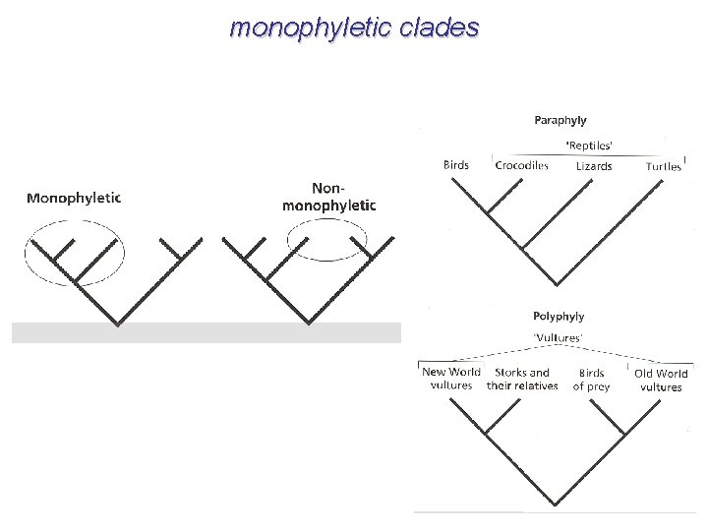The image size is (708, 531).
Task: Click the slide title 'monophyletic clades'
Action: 354,28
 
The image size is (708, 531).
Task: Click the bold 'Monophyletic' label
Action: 74,198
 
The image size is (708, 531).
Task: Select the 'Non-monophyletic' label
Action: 328,196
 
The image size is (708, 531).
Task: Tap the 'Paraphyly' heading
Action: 560,120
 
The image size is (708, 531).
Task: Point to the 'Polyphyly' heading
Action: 559,317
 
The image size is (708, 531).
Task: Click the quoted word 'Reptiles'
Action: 589,145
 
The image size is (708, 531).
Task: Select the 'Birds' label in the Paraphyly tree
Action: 456,165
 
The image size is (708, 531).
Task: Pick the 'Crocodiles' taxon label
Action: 521,165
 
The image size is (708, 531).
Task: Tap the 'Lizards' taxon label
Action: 594,166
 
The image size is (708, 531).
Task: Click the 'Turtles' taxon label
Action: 663,166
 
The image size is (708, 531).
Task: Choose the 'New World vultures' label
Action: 451,380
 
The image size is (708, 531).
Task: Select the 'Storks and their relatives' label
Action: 522,380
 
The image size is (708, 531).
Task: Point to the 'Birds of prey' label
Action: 591,380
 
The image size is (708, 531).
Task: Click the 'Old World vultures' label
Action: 661,380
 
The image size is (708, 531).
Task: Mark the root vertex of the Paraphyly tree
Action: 560,285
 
